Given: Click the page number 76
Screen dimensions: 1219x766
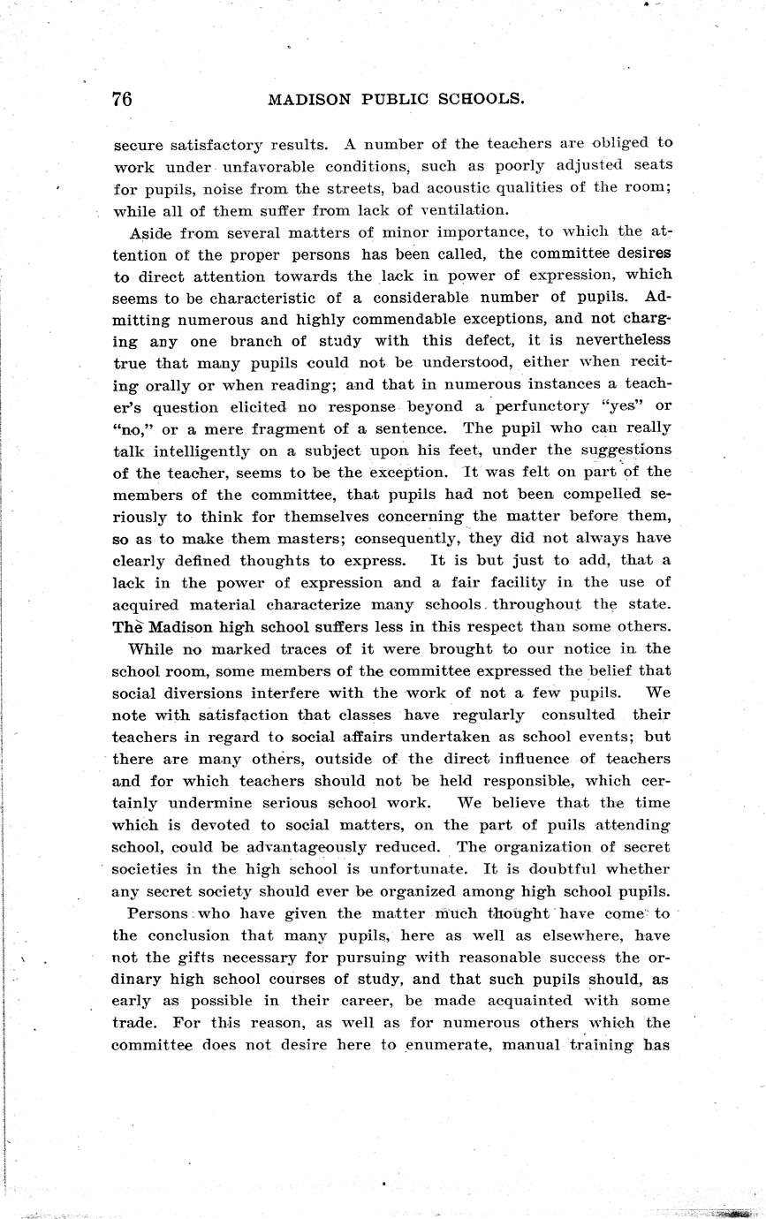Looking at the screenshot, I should coord(122,99).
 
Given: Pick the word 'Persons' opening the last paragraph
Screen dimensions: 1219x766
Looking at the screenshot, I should coord(157,913).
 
